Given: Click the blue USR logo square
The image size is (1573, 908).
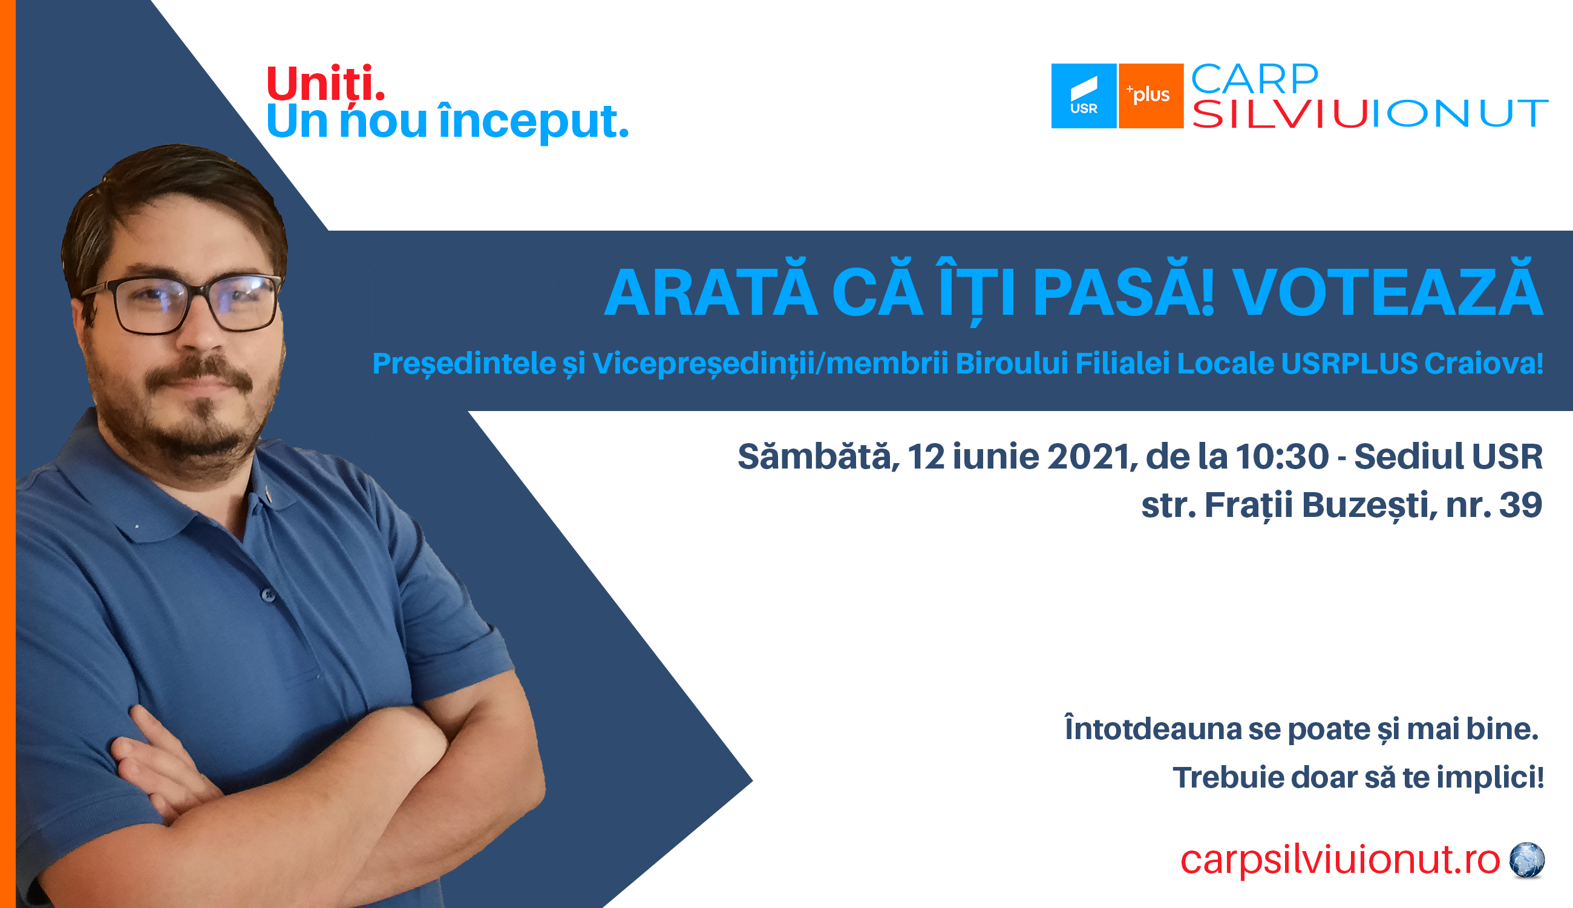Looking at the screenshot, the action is pyautogui.click(x=1084, y=96).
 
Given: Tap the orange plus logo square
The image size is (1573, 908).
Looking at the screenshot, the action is pyautogui.click(x=1151, y=96).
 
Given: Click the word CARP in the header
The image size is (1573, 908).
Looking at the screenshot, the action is pyautogui.click(x=1255, y=79).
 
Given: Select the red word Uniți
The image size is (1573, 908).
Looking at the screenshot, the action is pyautogui.click(x=325, y=82).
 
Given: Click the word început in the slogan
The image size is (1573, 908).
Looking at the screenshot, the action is pyautogui.click(x=534, y=121).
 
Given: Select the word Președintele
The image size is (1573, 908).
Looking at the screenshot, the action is pyautogui.click(x=463, y=364).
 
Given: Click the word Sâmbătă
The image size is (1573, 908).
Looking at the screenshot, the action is pyautogui.click(x=819, y=456).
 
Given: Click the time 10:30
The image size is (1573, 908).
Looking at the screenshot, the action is pyautogui.click(x=1283, y=456).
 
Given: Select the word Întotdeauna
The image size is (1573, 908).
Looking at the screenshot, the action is pyautogui.click(x=1153, y=728).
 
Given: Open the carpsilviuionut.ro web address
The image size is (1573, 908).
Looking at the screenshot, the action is pyautogui.click(x=1340, y=861).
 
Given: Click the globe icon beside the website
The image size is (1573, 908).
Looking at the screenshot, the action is pyautogui.click(x=1527, y=860).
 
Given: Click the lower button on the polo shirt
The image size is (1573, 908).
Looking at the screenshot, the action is pyautogui.click(x=268, y=595).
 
